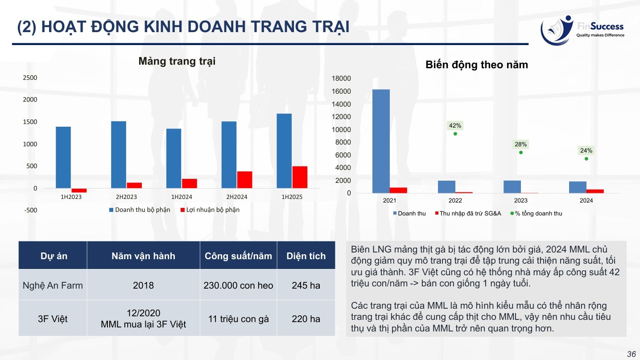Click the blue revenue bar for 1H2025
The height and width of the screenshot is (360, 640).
click(x=284, y=151)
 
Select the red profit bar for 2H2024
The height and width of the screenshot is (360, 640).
click(x=244, y=180)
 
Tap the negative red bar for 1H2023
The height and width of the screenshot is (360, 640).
click(x=79, y=190)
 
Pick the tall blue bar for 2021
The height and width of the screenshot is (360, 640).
click(x=381, y=141)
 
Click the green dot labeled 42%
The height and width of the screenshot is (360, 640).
click(x=455, y=134)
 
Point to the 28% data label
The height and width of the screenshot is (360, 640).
click(x=520, y=144)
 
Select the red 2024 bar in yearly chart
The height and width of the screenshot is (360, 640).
click(x=595, y=191)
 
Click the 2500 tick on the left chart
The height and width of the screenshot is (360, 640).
click(x=30, y=78)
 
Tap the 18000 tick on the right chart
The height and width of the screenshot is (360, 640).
click(x=341, y=78)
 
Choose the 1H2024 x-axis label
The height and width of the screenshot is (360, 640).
click(x=182, y=197)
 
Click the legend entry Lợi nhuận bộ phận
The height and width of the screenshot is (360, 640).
click(x=210, y=210)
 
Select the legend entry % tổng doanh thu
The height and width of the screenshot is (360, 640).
click(x=536, y=213)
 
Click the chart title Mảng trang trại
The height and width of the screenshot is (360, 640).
click(x=177, y=61)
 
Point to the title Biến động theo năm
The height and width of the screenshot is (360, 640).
click(x=477, y=65)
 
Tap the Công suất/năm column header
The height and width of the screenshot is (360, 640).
click(x=238, y=256)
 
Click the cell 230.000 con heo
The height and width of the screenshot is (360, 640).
click(x=238, y=285)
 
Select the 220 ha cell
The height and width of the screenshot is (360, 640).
click(x=306, y=319)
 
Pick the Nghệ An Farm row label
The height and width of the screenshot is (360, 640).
click(x=53, y=285)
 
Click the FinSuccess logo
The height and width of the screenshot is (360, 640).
click(x=582, y=30)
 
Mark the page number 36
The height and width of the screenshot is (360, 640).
click(x=632, y=354)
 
